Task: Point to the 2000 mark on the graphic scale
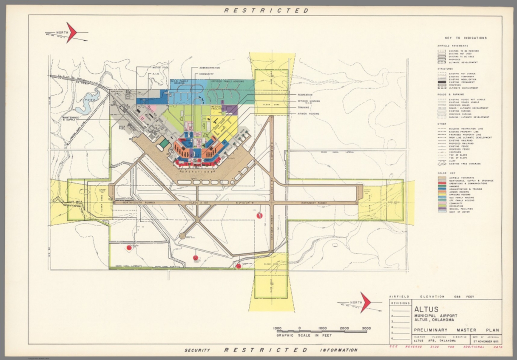tap(344, 328)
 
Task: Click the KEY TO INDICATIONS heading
tap(466, 38)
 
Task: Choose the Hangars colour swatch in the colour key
tap(442, 186)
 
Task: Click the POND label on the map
tap(91, 100)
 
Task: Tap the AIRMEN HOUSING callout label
tap(308, 114)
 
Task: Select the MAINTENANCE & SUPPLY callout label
tap(71, 119)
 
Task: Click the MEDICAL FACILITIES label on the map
tap(217, 108)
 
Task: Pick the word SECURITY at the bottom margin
tap(197, 350)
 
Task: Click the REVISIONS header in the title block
tap(400, 303)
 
